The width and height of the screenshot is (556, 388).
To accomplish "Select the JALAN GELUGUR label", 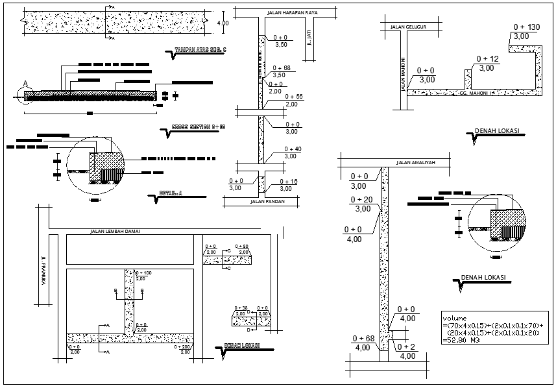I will coord(407,27).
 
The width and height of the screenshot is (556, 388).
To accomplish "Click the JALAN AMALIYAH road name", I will coord(415,162).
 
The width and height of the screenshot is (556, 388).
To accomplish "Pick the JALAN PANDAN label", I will coord(267,202).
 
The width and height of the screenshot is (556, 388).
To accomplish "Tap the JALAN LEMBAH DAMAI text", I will coord(115,231).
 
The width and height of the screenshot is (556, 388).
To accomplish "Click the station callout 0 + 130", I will coord(526,27).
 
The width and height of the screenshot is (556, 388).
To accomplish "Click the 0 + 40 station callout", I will coord(292,149).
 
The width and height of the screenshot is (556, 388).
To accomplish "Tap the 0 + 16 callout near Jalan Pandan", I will coord(288,181).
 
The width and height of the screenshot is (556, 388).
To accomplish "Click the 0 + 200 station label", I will coord(184,346).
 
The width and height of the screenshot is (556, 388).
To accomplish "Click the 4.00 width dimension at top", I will coord(222,23).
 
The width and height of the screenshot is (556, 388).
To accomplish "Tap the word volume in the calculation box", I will coord(454,318).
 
